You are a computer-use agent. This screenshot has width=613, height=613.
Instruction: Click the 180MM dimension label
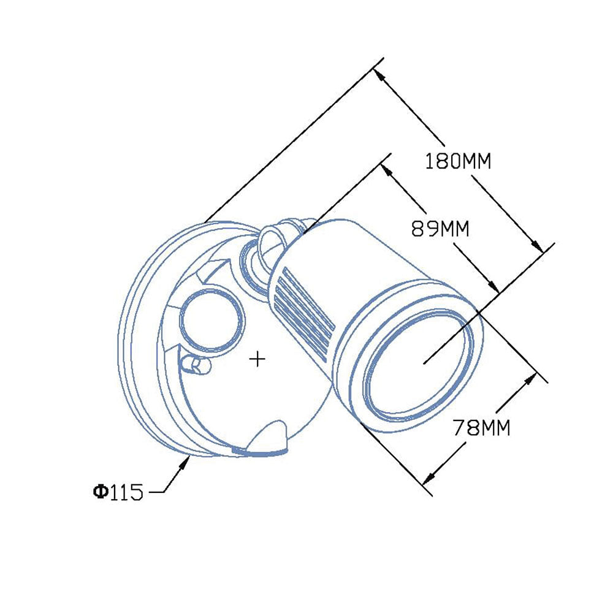pos(458,161)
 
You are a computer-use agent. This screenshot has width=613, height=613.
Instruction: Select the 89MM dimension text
pos(440,228)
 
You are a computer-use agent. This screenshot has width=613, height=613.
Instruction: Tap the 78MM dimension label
pos(482,427)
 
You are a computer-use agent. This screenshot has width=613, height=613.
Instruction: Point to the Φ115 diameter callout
pos(118,492)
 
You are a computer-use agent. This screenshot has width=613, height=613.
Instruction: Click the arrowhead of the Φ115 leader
pos(185,463)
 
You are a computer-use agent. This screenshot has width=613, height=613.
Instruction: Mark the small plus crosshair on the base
pos(257,359)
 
